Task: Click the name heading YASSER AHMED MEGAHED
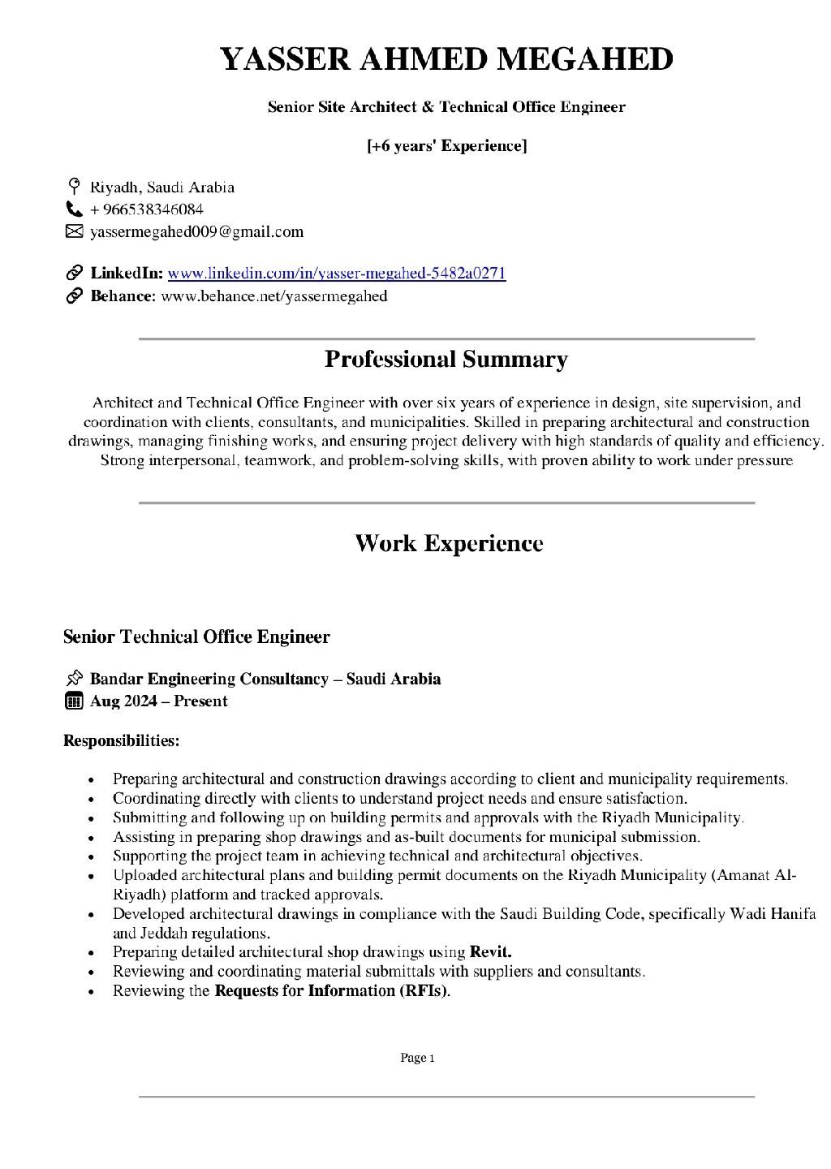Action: pos(446,60)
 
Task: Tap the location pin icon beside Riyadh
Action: pos(74,186)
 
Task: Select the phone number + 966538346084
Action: pos(147,209)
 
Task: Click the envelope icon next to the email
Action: pos(74,232)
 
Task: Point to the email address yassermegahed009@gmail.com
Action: pos(197,232)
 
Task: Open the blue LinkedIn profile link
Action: pos(337,273)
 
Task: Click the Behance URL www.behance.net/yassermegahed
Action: pos(274,295)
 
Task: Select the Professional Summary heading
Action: pos(446,359)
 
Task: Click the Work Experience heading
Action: pos(448,543)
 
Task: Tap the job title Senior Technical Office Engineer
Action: pos(196,636)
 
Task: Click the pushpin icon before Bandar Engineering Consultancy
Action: pos(74,679)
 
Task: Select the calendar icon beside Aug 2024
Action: pos(74,701)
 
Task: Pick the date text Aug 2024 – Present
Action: pos(159,701)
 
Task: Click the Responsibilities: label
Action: pos(122,740)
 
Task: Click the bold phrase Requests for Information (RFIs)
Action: pos(332,990)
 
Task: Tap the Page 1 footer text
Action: pos(418,1058)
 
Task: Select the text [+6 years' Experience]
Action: pos(446,146)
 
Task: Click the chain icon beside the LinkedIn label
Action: pos(74,273)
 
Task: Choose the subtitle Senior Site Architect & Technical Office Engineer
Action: pos(446,107)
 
